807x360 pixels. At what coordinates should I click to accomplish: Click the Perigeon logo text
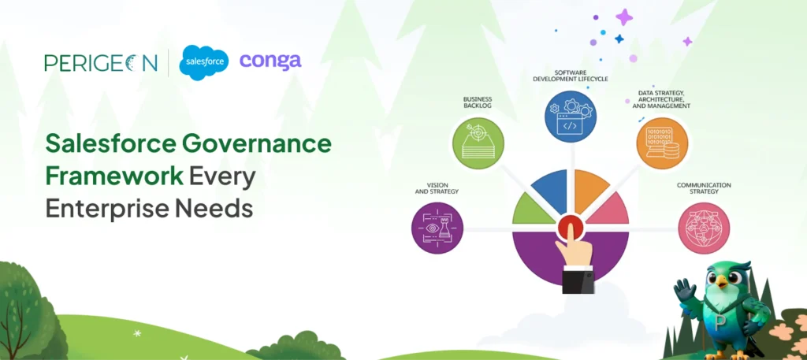pyautogui.click(x=101, y=62)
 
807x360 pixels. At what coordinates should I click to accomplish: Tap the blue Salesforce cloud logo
pyautogui.click(x=204, y=63)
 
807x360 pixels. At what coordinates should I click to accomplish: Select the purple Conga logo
pyautogui.click(x=270, y=61)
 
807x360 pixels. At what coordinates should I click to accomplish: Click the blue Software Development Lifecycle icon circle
pyautogui.click(x=571, y=116)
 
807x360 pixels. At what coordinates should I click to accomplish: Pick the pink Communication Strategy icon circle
pyautogui.click(x=704, y=228)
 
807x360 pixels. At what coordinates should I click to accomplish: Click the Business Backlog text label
pyautogui.click(x=478, y=103)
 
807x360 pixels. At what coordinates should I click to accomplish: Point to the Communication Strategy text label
pyautogui.click(x=704, y=187)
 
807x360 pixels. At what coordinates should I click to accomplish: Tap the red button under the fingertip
pyautogui.click(x=570, y=228)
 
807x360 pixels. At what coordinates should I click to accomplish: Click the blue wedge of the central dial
pyautogui.click(x=550, y=192)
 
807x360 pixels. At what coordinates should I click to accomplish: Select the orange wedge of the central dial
pyautogui.click(x=591, y=191)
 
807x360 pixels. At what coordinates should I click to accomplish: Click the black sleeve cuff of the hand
pyautogui.click(x=578, y=282)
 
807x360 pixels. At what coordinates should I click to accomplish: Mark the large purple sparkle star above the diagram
pyautogui.click(x=624, y=17)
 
